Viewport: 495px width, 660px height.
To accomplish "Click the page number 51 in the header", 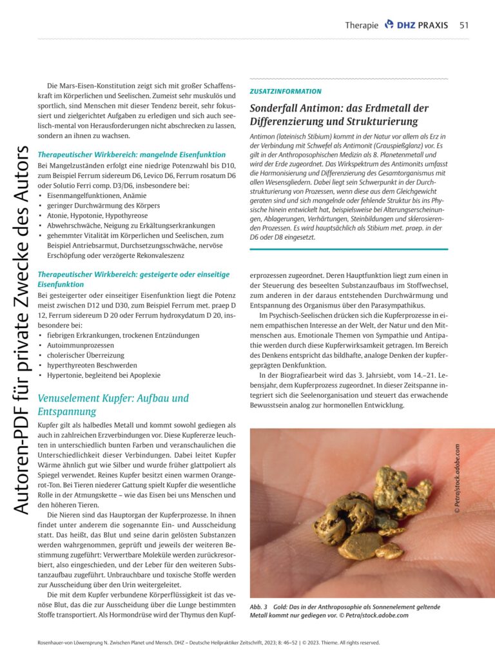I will (463, 25).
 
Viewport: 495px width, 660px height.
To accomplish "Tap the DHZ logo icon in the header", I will (389, 24).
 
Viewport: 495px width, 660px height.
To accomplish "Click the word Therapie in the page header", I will (362, 25).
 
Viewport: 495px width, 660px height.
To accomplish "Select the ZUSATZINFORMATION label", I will (285, 92).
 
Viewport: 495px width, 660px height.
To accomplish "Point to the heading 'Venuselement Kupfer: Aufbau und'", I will (113, 398).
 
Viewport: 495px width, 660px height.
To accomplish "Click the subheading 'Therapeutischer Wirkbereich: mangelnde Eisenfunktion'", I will (131, 155).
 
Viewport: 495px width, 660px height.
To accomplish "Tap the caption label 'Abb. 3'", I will (259, 607).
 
